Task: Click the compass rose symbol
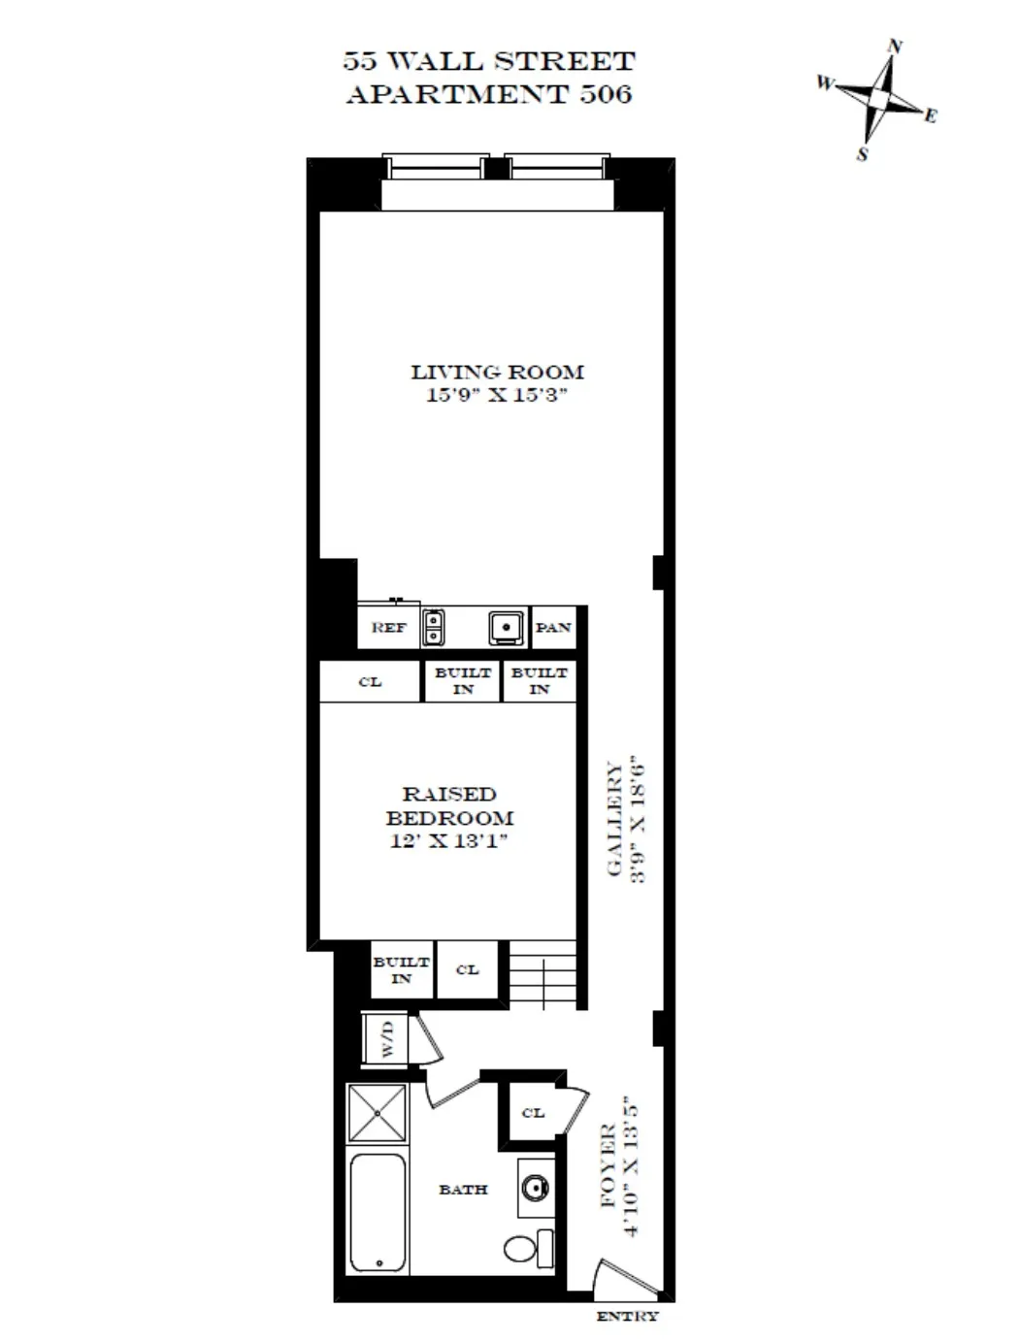coord(879,100)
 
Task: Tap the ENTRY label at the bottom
coord(627,1317)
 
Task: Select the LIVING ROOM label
coord(497,372)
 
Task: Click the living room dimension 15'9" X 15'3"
coord(496,395)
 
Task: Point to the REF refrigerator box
coord(388,628)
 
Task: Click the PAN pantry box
coord(553,628)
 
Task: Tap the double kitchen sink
coord(434,628)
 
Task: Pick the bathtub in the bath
coord(378,1212)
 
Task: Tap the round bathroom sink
coord(534,1187)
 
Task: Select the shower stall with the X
coord(378,1113)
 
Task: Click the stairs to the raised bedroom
coord(543,976)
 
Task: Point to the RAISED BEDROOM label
coord(448,806)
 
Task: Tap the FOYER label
coord(609,1164)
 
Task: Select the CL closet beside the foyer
coord(533,1113)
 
